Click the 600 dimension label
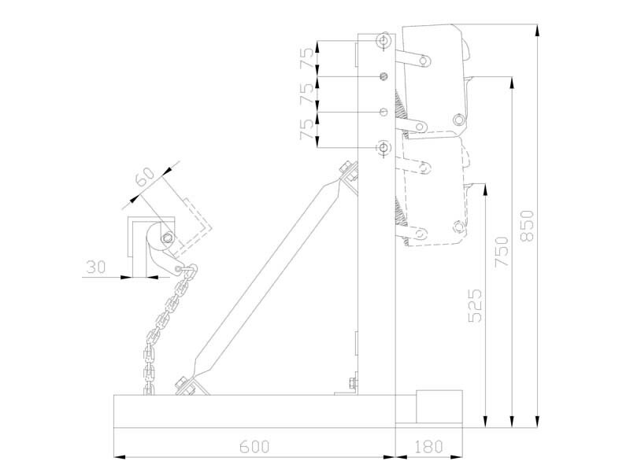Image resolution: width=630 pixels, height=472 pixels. [254, 446]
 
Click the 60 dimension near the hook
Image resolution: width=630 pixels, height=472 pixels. [143, 178]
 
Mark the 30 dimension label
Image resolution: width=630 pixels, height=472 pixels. [95, 267]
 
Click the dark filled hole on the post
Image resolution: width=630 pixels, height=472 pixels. [384, 76]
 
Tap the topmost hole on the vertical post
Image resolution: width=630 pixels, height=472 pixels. [384, 39]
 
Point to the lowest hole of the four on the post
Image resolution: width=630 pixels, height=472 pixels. [384, 147]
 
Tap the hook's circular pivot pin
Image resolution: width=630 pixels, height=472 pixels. [167, 239]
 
